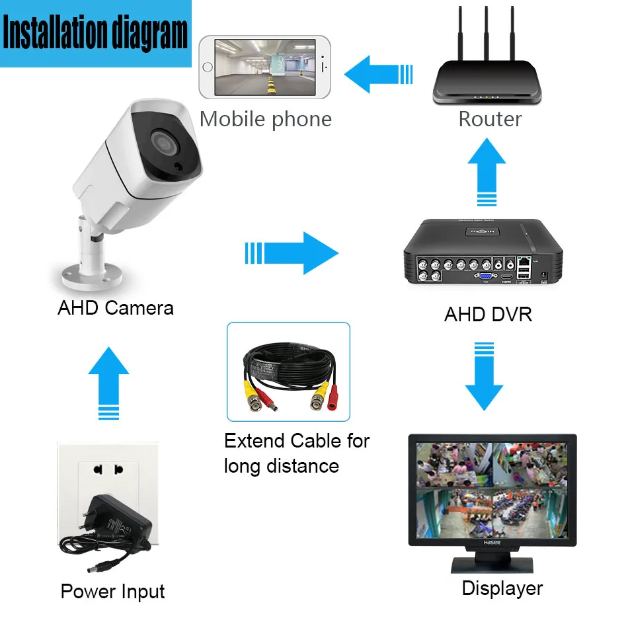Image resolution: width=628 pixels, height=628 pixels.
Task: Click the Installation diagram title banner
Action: tap(96, 33)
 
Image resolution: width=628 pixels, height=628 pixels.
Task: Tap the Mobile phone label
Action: tap(265, 119)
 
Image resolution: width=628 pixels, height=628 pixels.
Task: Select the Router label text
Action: tap(490, 119)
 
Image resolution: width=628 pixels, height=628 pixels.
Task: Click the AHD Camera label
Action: tap(116, 308)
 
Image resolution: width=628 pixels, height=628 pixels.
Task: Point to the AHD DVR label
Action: tap(488, 314)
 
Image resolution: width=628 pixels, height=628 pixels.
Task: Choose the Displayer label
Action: tap(502, 588)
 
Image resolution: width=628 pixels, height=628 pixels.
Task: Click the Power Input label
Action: tap(112, 592)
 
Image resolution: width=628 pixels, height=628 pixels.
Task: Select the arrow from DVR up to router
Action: tap(486, 172)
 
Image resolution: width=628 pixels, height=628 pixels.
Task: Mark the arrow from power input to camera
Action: tap(108, 383)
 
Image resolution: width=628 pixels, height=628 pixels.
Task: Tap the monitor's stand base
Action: tap(492, 566)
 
